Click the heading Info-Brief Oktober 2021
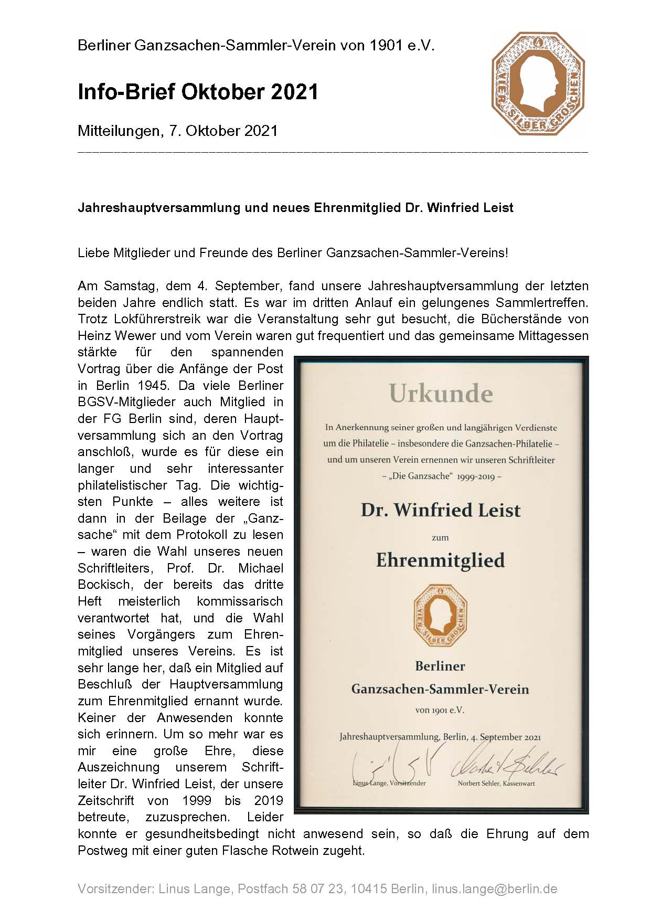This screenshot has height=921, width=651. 198,92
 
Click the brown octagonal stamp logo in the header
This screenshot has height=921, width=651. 538,83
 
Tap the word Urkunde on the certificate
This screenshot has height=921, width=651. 441,394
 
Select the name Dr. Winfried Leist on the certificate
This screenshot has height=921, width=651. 440,510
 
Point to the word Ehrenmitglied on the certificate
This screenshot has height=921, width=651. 440,560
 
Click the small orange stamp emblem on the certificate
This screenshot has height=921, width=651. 440,616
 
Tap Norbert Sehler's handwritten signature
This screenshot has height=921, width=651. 506,767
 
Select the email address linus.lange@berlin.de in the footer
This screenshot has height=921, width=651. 494,889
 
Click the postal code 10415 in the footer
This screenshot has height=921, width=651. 369,889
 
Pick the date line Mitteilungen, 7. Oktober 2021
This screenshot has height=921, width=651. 177,131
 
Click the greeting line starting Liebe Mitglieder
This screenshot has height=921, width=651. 293,253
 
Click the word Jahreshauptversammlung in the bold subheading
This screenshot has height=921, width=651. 158,208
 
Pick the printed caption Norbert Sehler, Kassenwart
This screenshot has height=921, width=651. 496,784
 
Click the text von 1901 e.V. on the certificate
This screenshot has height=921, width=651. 440,710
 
